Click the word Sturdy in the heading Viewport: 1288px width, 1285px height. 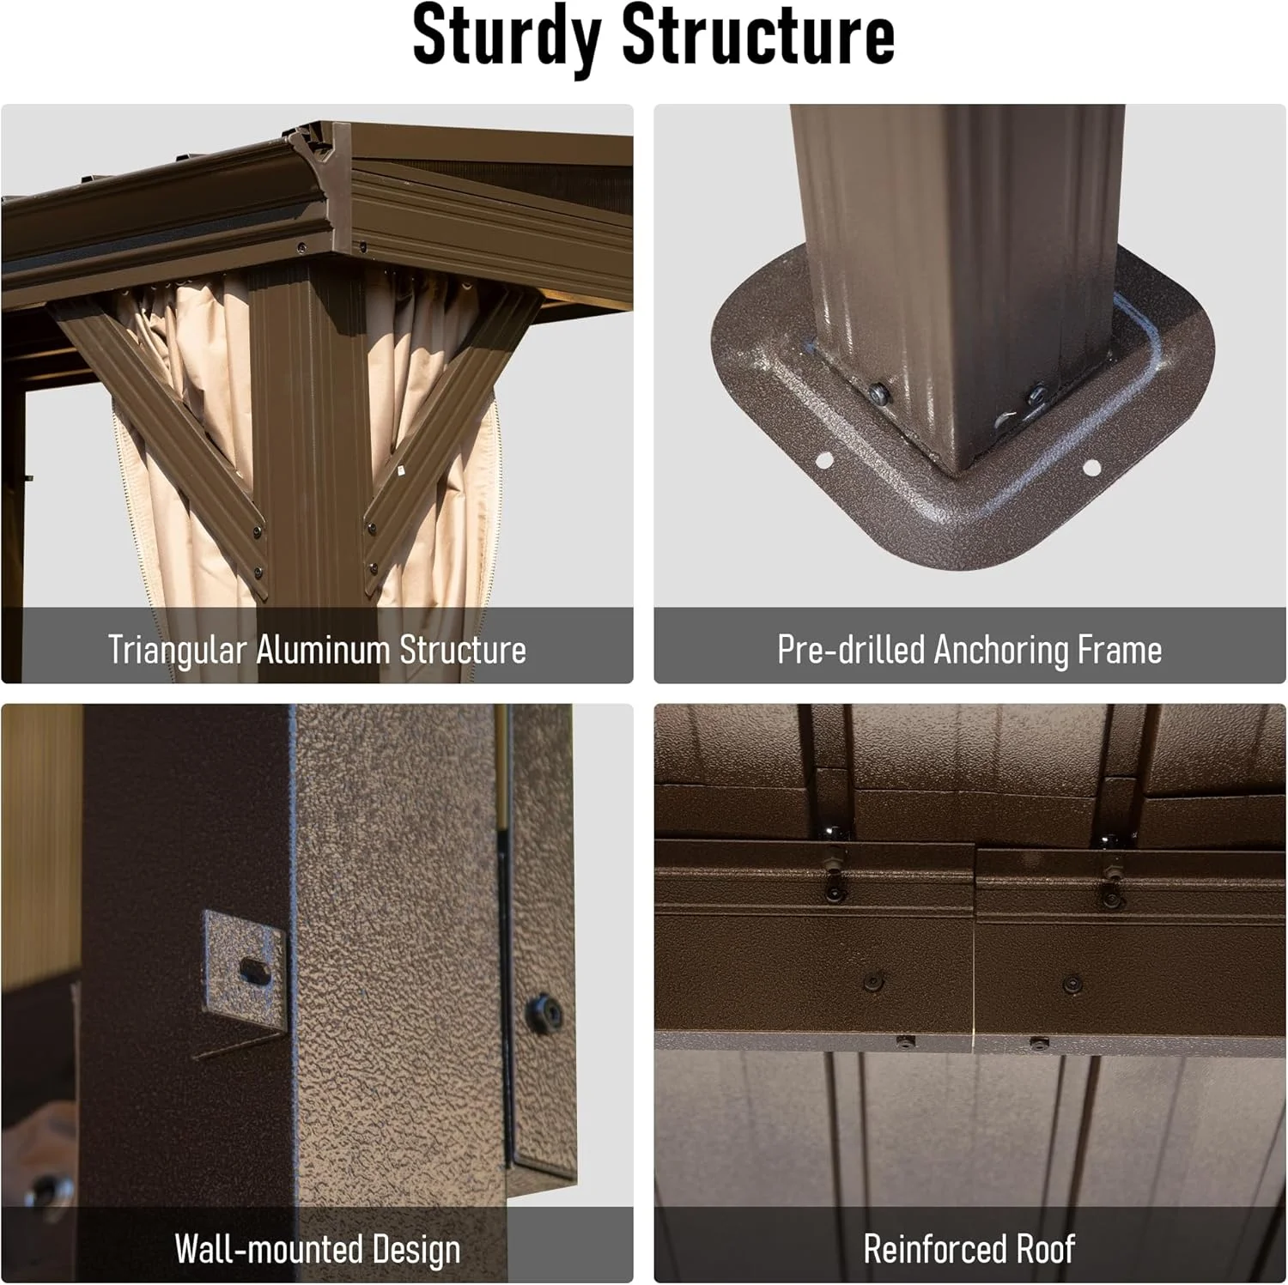coord(506,36)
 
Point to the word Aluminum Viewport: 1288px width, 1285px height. coord(322,649)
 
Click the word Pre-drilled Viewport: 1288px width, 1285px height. coord(850,650)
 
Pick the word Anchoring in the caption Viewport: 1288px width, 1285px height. coord(999,651)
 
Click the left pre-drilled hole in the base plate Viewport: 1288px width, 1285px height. coord(823,460)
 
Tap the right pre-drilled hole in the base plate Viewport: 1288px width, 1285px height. coord(1091,468)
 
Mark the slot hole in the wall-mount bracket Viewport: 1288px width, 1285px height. coord(255,971)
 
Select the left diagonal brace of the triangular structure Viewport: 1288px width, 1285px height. coord(159,433)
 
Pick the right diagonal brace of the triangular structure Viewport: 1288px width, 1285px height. coord(453,433)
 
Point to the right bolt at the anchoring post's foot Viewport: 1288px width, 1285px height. coord(1036,393)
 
